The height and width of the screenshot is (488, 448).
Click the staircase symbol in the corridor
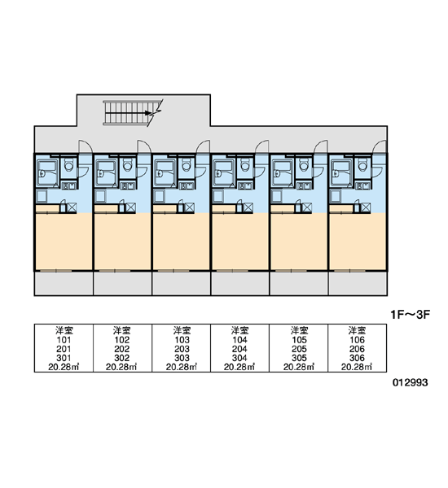[x=133, y=113]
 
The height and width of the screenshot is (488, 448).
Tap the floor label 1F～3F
[x=411, y=315]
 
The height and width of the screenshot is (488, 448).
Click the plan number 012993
[x=410, y=382]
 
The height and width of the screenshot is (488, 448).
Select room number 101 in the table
[x=64, y=340]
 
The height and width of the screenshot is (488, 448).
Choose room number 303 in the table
[x=182, y=358]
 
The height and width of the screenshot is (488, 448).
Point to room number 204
[x=239, y=349]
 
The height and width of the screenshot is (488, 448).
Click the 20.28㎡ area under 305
[x=299, y=368]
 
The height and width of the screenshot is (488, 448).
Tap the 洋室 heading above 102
[x=122, y=330]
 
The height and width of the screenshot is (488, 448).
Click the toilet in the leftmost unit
[x=68, y=165]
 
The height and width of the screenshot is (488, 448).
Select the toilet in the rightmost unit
[x=362, y=165]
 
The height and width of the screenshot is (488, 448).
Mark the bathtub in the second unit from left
[x=105, y=172]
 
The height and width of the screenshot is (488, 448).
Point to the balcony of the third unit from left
[x=181, y=283]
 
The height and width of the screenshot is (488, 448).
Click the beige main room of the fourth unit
[x=240, y=242]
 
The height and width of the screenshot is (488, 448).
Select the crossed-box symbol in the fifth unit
[x=306, y=207]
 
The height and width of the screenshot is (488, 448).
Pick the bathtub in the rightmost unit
[x=341, y=172]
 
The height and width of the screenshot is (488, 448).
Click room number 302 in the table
[x=122, y=358]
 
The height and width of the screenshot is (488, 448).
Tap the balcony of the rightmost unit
[x=358, y=283]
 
